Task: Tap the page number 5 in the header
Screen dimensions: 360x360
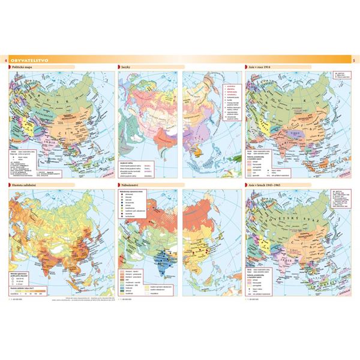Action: pyautogui.click(x=355, y=59)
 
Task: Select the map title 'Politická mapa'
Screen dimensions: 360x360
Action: pyautogui.click(x=26, y=68)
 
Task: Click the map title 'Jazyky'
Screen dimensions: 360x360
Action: pyautogui.click(x=127, y=68)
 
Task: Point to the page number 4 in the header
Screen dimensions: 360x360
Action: pyautogui.click(x=5, y=59)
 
